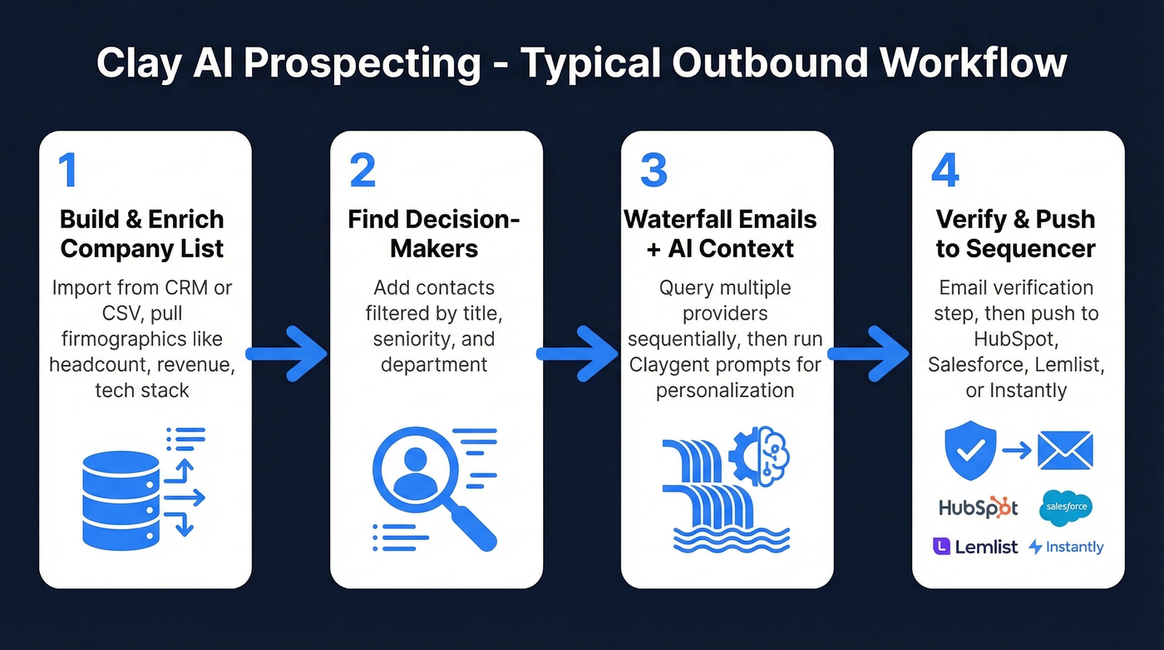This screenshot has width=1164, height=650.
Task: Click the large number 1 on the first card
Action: point(67,170)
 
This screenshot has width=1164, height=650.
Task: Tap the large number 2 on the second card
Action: point(363,170)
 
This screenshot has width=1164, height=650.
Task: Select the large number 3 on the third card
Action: point(654,170)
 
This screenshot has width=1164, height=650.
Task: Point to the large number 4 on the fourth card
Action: point(945,170)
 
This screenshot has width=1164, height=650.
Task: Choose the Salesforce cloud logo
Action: point(1066,507)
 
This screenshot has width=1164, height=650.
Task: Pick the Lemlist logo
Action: point(975,547)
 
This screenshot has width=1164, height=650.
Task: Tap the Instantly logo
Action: point(1066,547)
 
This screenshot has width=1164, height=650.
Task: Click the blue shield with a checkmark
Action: point(970,450)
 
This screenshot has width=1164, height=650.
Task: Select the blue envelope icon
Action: point(1065,450)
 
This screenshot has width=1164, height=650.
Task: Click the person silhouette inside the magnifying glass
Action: point(414,472)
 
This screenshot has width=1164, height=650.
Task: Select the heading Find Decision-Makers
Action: point(434,234)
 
